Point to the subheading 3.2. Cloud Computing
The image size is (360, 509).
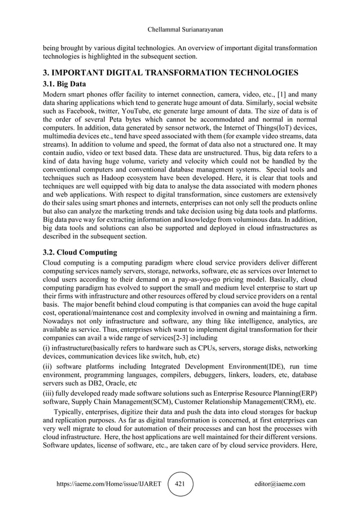(x=81, y=252)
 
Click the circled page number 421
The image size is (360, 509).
(x=180, y=484)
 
